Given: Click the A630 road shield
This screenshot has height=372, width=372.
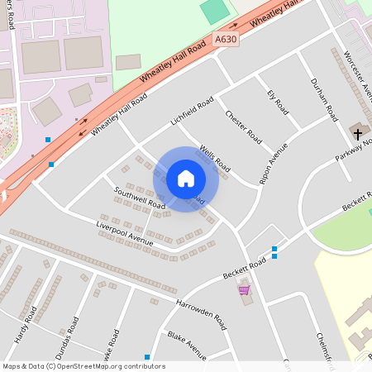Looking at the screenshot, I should [225, 39].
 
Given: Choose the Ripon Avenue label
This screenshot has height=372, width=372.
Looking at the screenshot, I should [273, 162].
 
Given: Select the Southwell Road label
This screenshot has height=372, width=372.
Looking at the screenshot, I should [140, 198].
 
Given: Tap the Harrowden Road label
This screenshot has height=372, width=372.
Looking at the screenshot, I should [200, 309].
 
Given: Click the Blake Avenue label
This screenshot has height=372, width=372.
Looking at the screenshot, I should [187, 343].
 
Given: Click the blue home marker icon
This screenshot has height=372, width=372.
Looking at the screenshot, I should [186, 179].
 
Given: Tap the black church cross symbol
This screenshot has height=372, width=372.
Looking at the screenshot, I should [358, 131].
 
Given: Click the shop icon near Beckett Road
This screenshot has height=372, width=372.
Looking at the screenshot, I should [244, 290].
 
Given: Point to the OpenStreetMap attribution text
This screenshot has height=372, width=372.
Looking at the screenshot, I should [83, 366].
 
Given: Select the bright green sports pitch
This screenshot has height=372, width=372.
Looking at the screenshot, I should [215, 12].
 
